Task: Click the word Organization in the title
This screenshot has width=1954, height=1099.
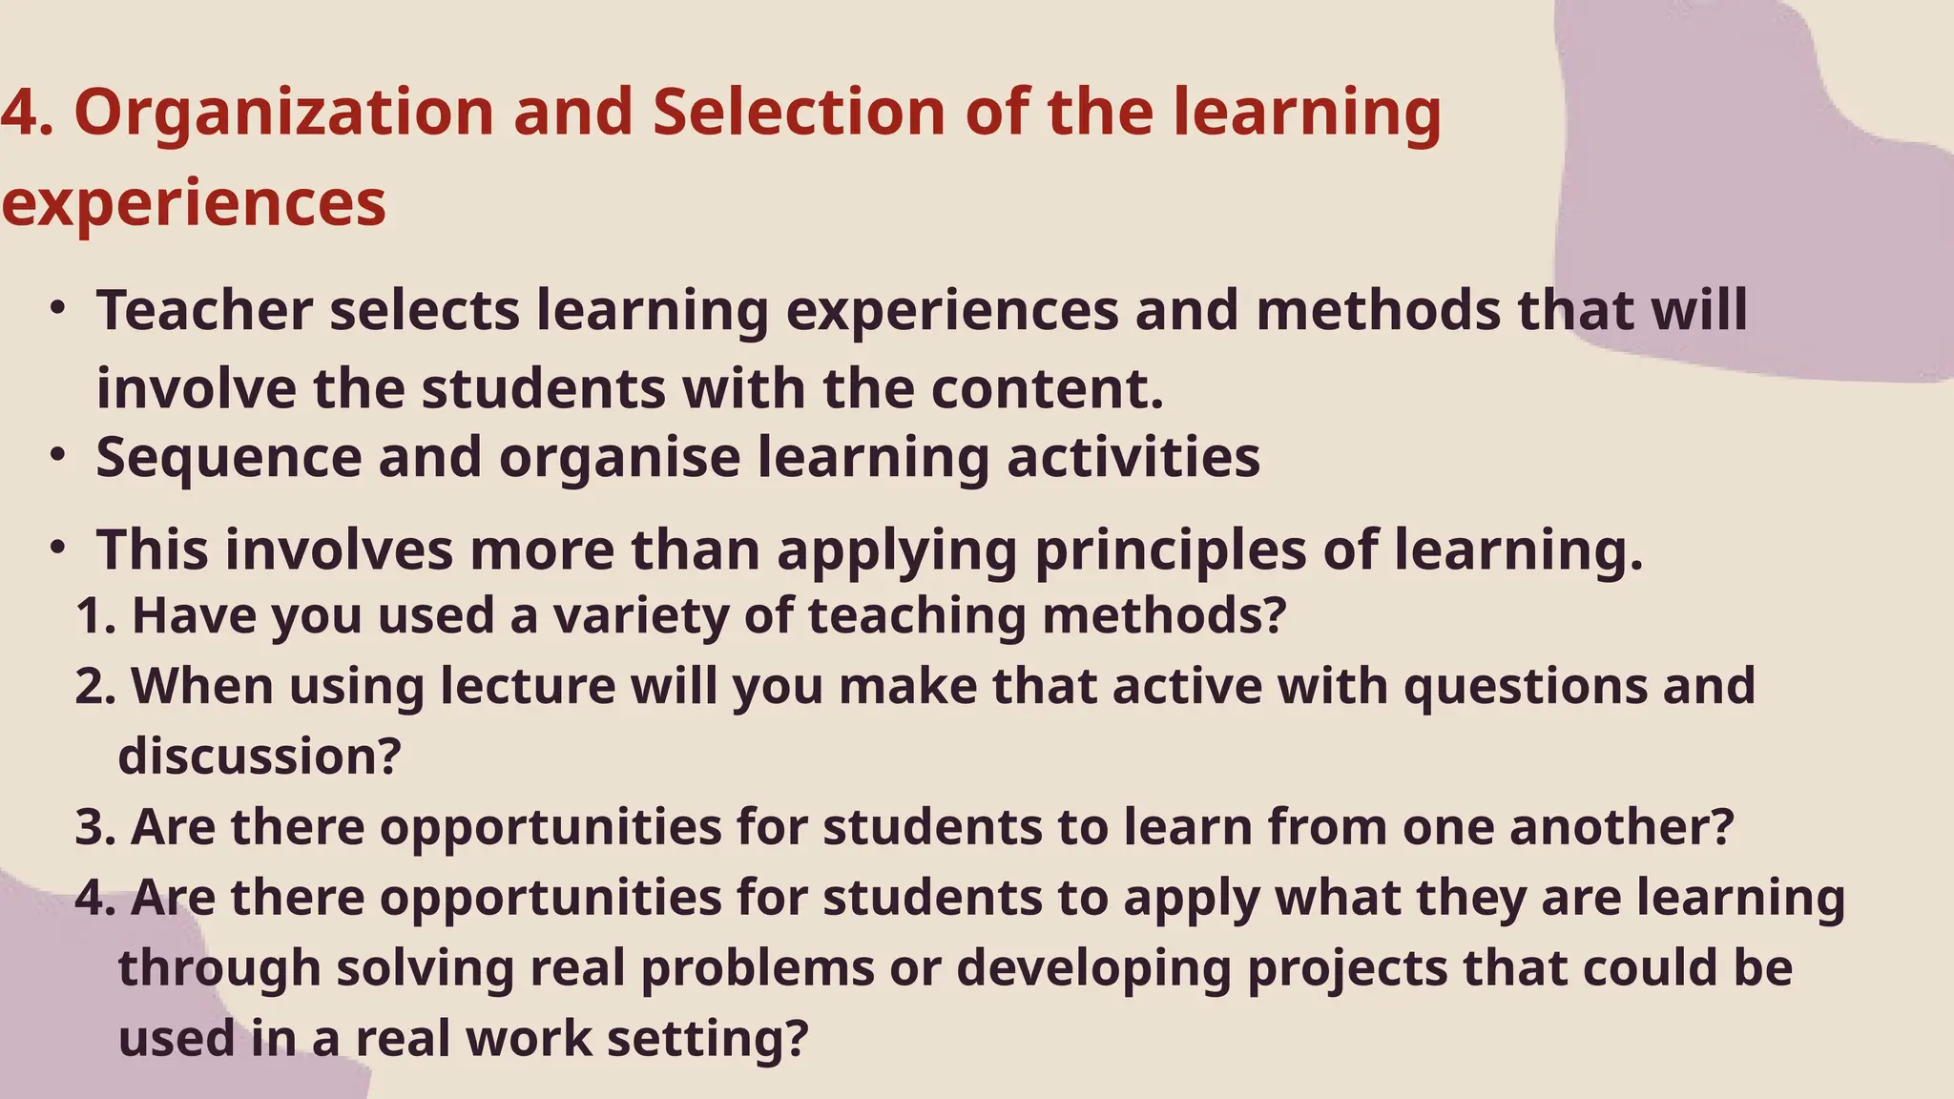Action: [284, 113]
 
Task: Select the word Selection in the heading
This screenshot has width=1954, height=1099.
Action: [799, 113]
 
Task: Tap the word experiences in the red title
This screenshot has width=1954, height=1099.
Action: [194, 204]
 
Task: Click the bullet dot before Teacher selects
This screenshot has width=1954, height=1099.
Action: [58, 308]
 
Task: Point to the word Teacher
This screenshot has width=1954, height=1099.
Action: [204, 311]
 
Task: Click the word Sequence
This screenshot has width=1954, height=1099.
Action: [229, 458]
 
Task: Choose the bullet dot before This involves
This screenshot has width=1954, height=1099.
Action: [58, 548]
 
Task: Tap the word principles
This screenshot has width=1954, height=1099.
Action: [1170, 551]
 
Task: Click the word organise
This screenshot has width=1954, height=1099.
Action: [619, 458]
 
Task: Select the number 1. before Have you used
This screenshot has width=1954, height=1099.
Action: [95, 616]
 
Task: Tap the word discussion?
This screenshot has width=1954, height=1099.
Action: [260, 757]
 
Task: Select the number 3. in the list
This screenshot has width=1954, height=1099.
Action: [95, 827]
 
